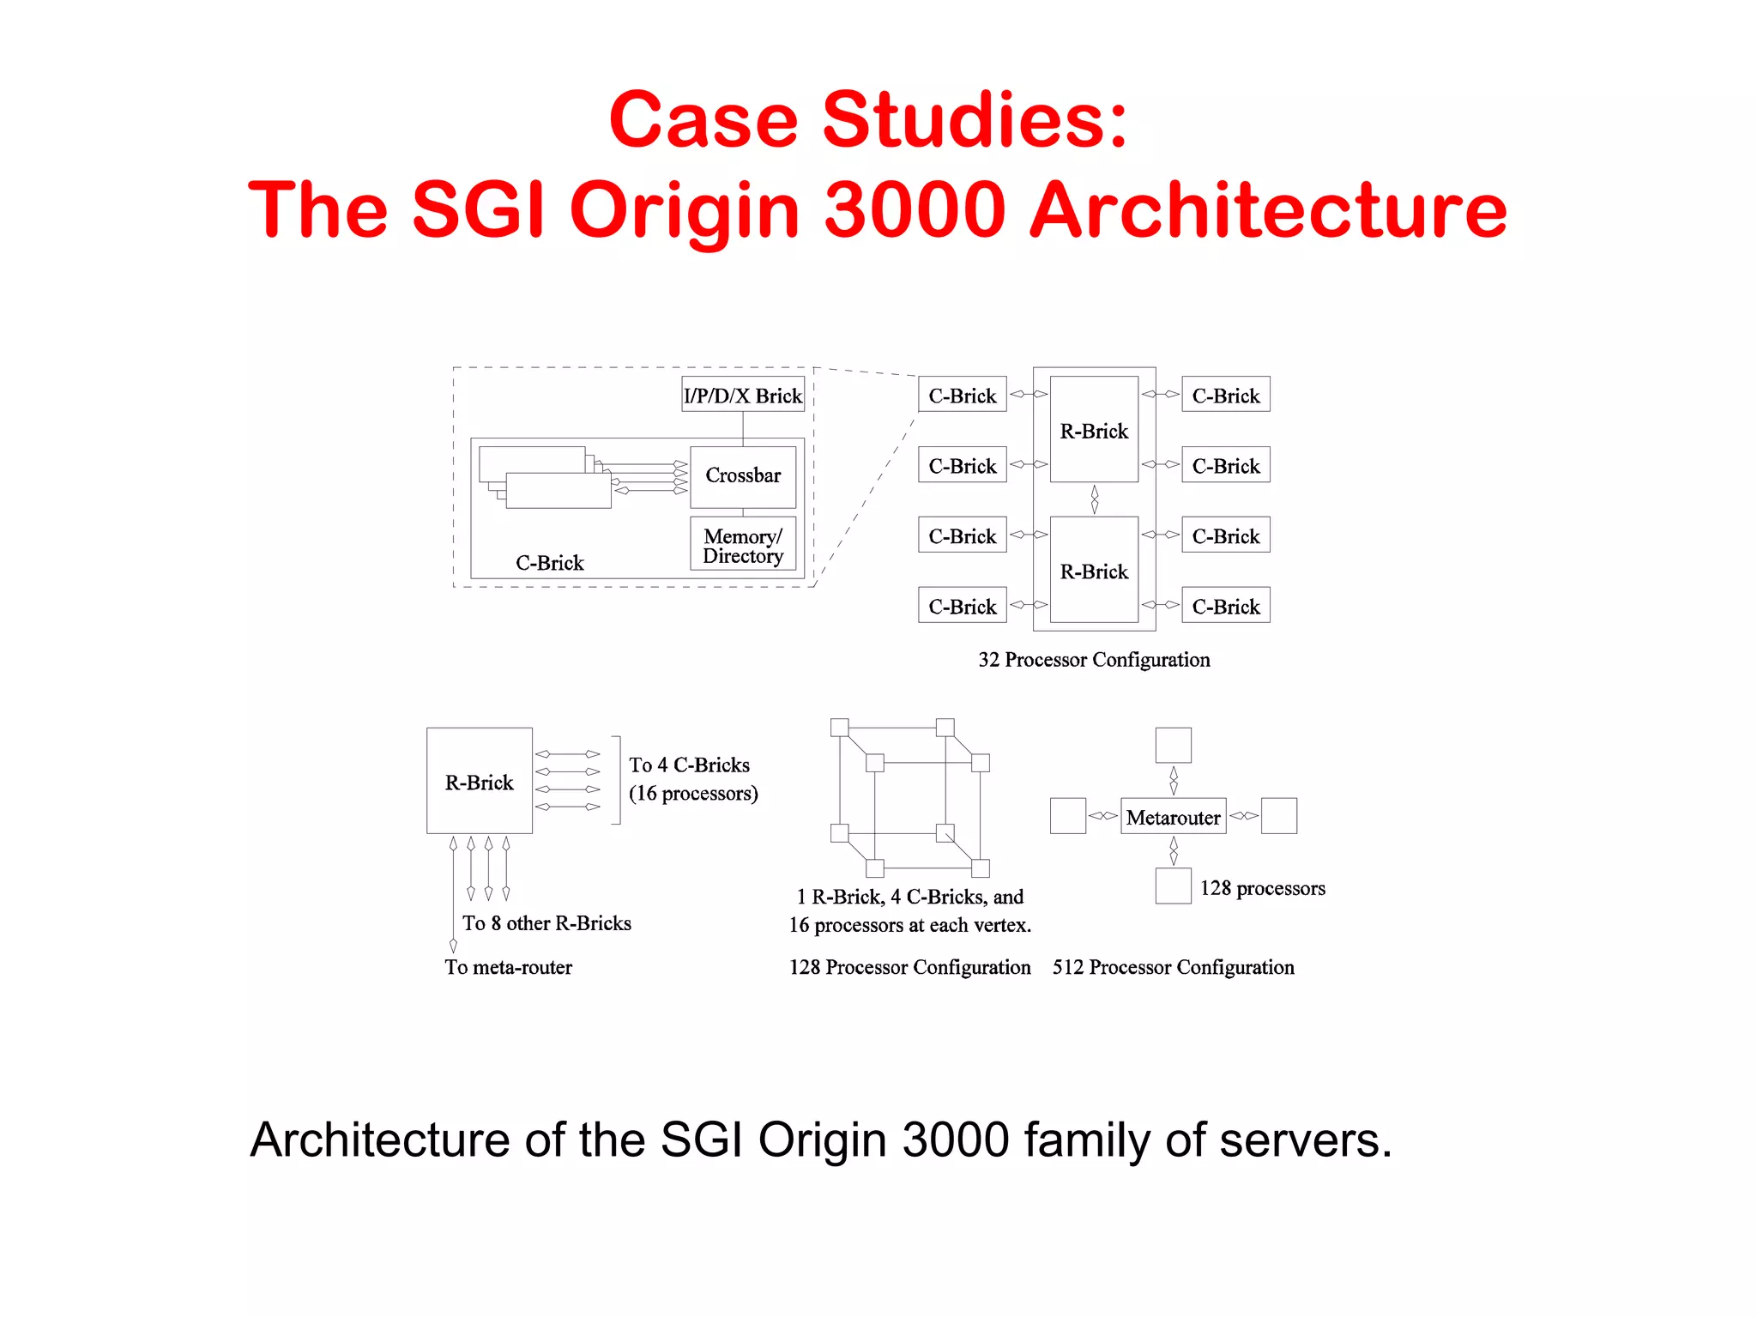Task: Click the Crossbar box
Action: (x=743, y=476)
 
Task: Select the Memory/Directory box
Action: (x=743, y=544)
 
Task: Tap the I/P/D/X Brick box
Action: (x=743, y=395)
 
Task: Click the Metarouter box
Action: (x=1173, y=817)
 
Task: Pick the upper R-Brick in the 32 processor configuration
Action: (x=1094, y=430)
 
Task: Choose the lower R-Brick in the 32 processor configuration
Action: (x=1094, y=571)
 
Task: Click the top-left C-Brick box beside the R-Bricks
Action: (x=962, y=395)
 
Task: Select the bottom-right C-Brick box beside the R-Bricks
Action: (x=1225, y=606)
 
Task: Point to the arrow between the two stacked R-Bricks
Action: (x=1095, y=499)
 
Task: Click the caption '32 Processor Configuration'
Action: (x=1094, y=660)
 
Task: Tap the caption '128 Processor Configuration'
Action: (x=909, y=967)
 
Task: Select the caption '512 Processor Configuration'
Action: (x=1173, y=967)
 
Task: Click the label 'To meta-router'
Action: (x=508, y=967)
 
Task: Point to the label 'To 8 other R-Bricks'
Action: (x=546, y=923)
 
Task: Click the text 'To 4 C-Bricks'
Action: (x=689, y=765)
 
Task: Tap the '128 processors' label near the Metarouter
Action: (x=1262, y=888)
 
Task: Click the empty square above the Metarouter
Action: (x=1173, y=745)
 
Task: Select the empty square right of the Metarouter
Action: (x=1278, y=815)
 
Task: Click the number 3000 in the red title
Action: (x=915, y=209)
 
